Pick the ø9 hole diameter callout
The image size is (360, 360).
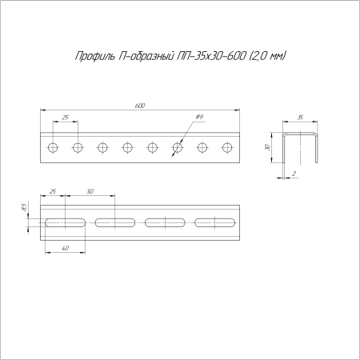pyautogui.click(x=198, y=118)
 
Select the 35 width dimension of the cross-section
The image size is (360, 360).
pyautogui.click(x=300, y=118)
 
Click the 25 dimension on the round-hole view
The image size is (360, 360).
pyautogui.click(x=65, y=118)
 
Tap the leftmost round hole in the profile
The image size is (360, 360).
pyautogui.click(x=53, y=147)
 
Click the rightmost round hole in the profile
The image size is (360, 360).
pyautogui.click(x=227, y=147)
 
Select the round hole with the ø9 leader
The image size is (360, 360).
pyautogui.click(x=178, y=147)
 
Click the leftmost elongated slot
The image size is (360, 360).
pyautogui.click(x=64, y=222)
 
